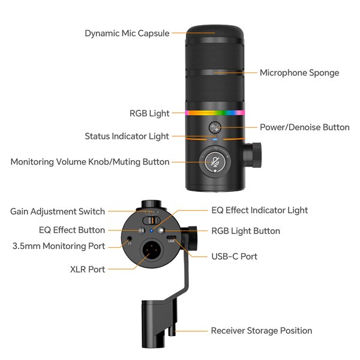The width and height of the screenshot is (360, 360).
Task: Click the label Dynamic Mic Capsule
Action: pyautogui.click(x=127, y=34)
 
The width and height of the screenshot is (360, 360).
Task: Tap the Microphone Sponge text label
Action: pyautogui.click(x=299, y=73)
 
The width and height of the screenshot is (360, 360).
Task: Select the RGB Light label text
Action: pyautogui.click(x=149, y=113)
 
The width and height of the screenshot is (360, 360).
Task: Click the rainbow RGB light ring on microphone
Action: pyautogui.click(x=215, y=112)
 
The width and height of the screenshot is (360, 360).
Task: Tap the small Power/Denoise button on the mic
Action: pyautogui.click(x=215, y=127)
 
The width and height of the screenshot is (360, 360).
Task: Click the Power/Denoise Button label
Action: pyautogui.click(x=304, y=127)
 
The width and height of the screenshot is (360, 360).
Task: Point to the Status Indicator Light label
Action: pyautogui.click(x=127, y=136)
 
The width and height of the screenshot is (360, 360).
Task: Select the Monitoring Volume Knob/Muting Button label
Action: pyautogui.click(x=90, y=161)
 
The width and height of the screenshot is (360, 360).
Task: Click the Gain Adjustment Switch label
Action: pyautogui.click(x=58, y=211)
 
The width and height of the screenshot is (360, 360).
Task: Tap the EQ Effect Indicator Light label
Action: pyautogui.click(x=260, y=210)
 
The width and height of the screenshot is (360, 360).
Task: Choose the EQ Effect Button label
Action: pyautogui.click(x=72, y=230)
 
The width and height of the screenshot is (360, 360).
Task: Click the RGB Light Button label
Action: pyautogui.click(x=245, y=230)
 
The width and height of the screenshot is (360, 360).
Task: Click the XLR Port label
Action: pyautogui.click(x=88, y=269)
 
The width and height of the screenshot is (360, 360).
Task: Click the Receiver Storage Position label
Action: pyautogui.click(x=261, y=331)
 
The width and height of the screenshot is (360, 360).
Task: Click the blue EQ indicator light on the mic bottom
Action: pyautogui.click(x=152, y=230)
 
